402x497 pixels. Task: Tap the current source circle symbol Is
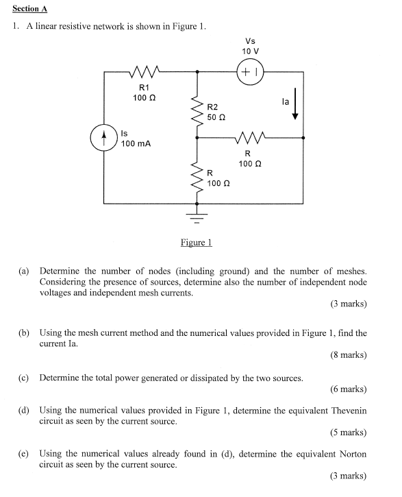(x=104, y=136)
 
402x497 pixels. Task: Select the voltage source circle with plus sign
(x=249, y=71)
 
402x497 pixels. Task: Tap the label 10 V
(x=250, y=51)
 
